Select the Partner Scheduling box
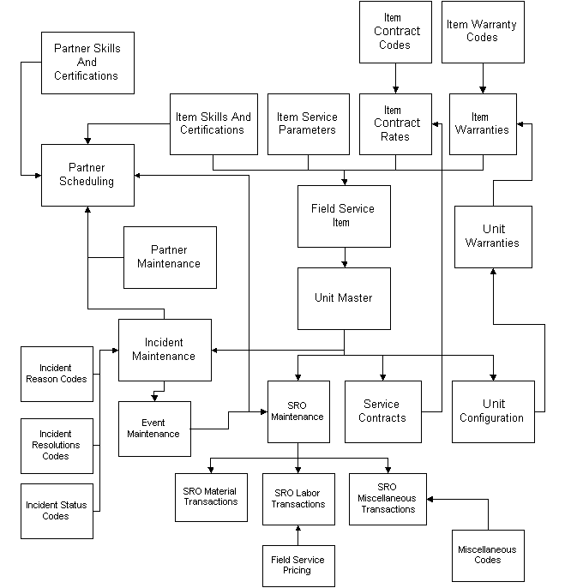[x=87, y=175]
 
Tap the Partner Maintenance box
[x=169, y=257]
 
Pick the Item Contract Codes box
[x=394, y=32]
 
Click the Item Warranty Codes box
[x=482, y=32]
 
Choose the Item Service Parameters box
[x=307, y=123]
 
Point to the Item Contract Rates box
[x=395, y=123]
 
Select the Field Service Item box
[x=343, y=216]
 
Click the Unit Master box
[x=343, y=298]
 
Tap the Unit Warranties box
[x=492, y=237]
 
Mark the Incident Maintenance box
[x=164, y=350]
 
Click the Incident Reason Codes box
[x=57, y=373]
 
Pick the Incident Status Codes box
[x=57, y=511]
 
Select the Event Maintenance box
[x=153, y=428]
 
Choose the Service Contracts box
[x=382, y=411]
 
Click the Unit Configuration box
[x=492, y=411]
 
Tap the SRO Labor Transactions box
[x=298, y=498]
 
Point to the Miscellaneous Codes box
[x=487, y=554]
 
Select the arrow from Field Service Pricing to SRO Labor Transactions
[x=298, y=534]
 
